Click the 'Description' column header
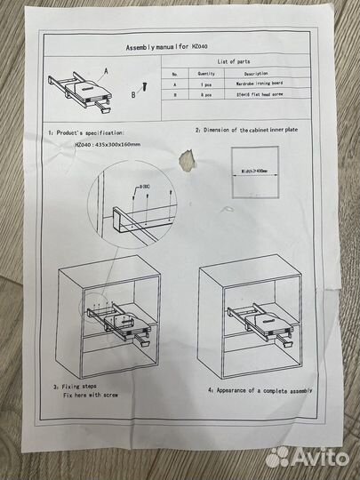click(256, 74)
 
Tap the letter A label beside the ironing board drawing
click(106, 68)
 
